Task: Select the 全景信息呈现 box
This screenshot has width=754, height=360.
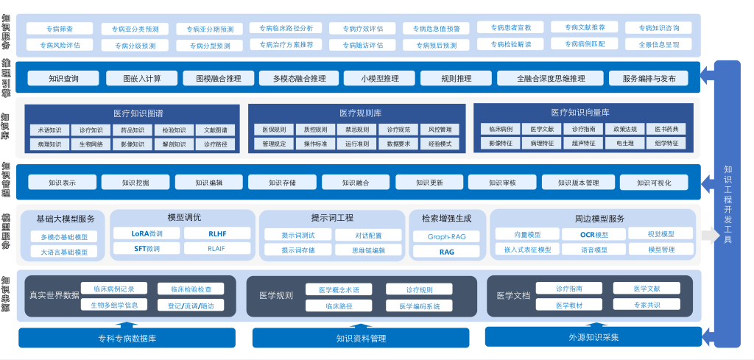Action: click(658, 44)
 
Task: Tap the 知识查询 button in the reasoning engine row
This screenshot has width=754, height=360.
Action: click(63, 78)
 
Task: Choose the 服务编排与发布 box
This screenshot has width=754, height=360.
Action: click(649, 78)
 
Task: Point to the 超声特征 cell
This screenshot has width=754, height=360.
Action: click(583, 144)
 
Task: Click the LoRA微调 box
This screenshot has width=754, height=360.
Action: click(147, 234)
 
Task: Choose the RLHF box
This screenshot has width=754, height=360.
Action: click(217, 234)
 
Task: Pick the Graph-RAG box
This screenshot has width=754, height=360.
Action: click(446, 237)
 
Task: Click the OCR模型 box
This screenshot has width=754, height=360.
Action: click(594, 235)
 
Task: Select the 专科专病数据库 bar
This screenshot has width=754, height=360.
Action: click(127, 339)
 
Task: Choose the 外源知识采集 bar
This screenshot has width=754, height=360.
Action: click(593, 337)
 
